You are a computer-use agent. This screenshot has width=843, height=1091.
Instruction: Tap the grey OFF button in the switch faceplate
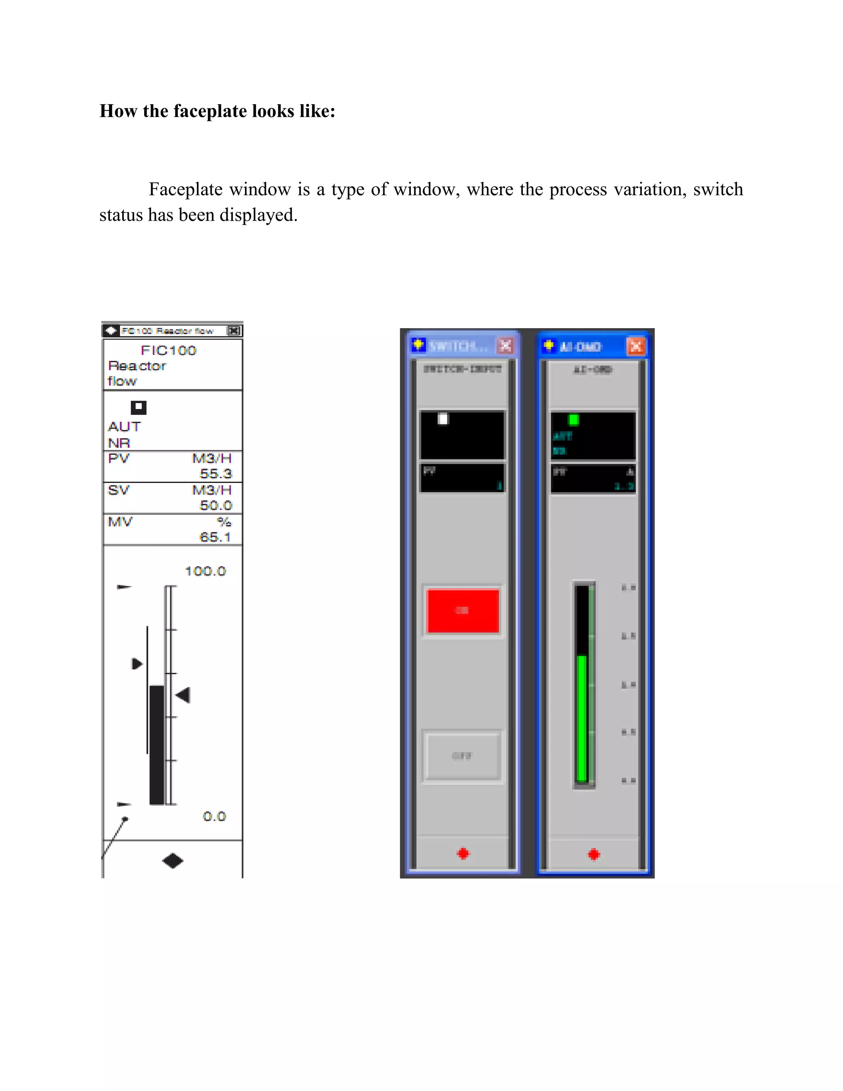462,756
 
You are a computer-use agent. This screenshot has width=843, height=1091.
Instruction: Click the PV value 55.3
216,473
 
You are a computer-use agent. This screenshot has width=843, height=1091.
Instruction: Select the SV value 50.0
216,505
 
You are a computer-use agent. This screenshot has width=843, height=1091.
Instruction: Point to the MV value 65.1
215,537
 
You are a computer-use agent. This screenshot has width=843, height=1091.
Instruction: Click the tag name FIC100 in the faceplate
168,350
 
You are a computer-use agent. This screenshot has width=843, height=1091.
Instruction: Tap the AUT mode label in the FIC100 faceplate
124,427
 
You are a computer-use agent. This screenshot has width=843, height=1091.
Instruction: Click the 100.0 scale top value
205,571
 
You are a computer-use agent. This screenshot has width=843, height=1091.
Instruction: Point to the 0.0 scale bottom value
214,816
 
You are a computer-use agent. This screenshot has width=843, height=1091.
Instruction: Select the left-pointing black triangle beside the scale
183,695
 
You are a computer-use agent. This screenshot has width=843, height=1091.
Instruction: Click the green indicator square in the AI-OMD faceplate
574,420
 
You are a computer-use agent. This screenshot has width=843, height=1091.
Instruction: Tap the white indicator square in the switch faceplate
443,419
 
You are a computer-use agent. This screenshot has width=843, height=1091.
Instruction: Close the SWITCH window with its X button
505,345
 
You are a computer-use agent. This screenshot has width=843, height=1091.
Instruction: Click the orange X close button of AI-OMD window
636,346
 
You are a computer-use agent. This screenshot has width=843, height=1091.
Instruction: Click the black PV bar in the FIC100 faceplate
157,744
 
